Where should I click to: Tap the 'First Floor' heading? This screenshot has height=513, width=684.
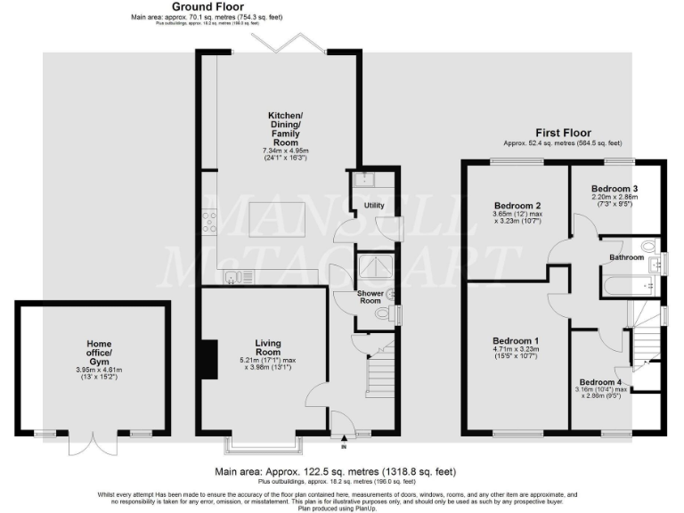562,133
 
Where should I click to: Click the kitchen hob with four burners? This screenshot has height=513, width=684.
210,221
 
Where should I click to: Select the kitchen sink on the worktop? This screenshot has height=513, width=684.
232,276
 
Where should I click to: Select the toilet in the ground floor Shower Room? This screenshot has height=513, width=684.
383,313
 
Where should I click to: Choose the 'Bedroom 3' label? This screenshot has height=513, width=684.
616,189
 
